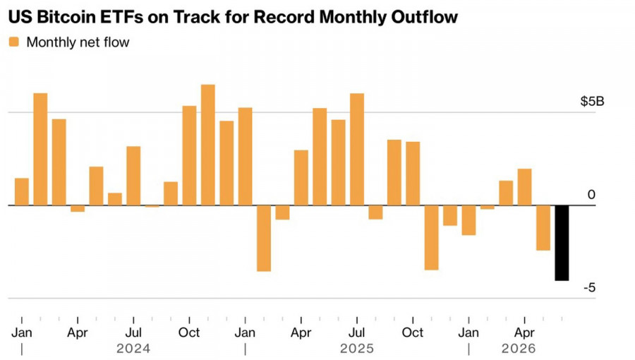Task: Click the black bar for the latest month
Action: click(562, 243)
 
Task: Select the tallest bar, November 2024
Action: click(207, 145)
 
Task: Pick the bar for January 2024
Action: click(21, 191)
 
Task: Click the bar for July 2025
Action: click(357, 150)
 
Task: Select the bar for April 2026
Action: click(524, 187)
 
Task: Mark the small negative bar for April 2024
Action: click(78, 208)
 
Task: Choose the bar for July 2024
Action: click(133, 176)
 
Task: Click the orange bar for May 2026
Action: click(543, 227)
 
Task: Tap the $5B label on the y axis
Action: click(592, 101)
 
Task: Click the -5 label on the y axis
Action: click(590, 287)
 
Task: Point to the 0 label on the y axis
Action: click(591, 195)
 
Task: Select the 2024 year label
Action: click(133, 348)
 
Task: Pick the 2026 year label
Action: click(519, 348)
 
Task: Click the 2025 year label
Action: click(357, 348)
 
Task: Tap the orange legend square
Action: click(14, 42)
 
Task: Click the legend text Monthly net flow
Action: click(78, 42)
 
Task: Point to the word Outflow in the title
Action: click(425, 17)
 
